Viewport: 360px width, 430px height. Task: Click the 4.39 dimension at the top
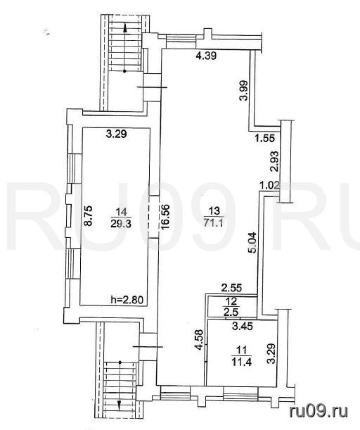[206, 56]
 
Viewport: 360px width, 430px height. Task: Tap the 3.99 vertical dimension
[244, 90]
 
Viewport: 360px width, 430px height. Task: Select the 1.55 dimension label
[264, 138]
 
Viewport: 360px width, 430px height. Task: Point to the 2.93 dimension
[275, 162]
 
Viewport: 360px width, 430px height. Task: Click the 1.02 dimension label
[269, 186]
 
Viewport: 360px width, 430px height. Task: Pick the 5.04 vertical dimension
[252, 243]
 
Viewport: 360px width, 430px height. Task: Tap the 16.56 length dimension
[166, 217]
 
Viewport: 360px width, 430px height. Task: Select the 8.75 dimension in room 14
[89, 216]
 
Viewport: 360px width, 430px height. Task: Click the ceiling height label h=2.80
[127, 300]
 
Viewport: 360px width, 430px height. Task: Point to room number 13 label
[214, 211]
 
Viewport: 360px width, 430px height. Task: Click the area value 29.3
[121, 224]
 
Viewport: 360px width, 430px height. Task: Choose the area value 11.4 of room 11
[242, 362]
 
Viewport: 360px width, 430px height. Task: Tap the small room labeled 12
[232, 307]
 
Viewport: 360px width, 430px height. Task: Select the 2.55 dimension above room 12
[232, 288]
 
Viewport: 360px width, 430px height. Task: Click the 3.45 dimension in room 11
[242, 327]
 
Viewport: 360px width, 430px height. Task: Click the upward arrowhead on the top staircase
[125, 27]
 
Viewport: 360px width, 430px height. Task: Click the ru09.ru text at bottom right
[319, 412]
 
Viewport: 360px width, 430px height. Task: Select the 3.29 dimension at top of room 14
[117, 134]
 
